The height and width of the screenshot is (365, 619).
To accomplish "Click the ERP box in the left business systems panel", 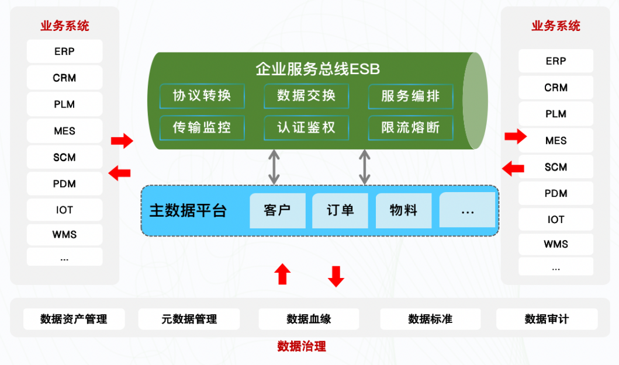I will click(x=64, y=51).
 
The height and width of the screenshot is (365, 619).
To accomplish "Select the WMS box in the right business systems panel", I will click(x=555, y=244).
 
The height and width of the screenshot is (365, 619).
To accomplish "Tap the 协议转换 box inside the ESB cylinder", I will click(x=202, y=96).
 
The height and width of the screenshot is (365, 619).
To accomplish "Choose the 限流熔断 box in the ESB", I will click(x=410, y=127).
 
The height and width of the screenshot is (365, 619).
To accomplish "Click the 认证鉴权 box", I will click(x=306, y=127).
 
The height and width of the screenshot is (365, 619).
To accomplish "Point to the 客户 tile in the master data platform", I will click(x=277, y=210).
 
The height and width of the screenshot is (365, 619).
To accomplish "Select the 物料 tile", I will click(x=403, y=210).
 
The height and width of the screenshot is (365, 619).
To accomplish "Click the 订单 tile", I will click(x=340, y=210).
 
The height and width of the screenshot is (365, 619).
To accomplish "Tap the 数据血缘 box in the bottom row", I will click(x=309, y=319).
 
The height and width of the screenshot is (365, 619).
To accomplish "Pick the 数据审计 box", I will click(x=547, y=319).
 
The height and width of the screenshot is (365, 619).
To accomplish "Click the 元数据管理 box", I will click(x=189, y=319).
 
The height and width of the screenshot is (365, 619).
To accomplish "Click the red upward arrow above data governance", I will click(x=283, y=274).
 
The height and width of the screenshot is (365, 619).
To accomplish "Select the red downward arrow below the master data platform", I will click(x=336, y=276).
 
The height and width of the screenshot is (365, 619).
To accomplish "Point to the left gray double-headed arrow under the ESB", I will click(x=274, y=167).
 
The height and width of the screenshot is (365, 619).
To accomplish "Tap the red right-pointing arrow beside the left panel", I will click(x=122, y=140).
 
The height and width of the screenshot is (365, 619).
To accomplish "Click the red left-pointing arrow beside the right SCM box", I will click(x=513, y=168).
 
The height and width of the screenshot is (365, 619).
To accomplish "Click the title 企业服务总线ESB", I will click(x=317, y=69).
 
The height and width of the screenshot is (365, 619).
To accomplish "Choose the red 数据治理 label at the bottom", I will click(x=302, y=346).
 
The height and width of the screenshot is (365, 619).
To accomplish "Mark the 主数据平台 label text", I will click(x=188, y=210).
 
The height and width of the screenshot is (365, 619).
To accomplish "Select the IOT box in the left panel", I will click(x=64, y=210).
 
